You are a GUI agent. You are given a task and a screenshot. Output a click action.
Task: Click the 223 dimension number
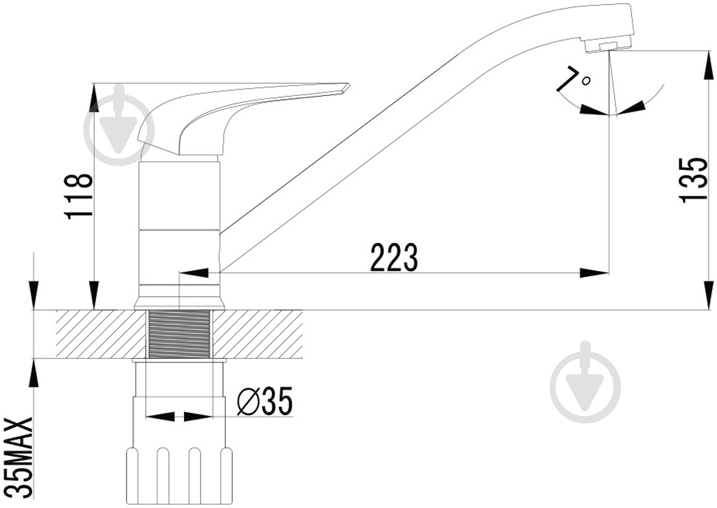[x=394, y=257]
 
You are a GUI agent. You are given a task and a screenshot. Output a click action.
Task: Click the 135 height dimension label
[x=693, y=180]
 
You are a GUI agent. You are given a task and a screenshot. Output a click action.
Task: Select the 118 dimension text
[x=80, y=197]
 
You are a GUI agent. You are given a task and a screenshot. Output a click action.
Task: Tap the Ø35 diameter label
[x=265, y=402]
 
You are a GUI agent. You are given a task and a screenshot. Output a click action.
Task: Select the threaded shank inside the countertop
[x=179, y=333]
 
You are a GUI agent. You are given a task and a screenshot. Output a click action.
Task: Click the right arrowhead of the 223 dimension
[x=594, y=273]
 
